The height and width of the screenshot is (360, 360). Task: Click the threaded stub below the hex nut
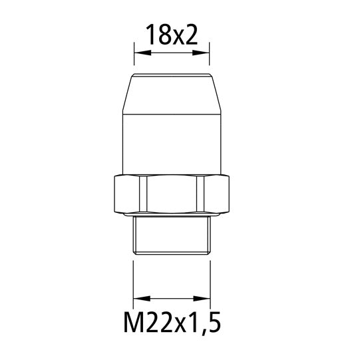point(172,236)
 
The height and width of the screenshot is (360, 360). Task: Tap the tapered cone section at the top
point(172,93)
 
